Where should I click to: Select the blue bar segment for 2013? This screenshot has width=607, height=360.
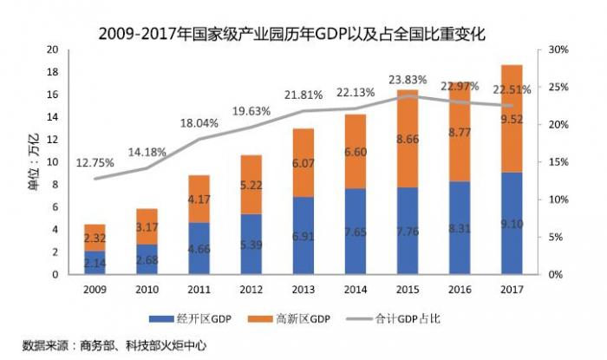[x=303, y=236]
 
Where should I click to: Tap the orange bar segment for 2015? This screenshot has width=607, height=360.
[x=407, y=139]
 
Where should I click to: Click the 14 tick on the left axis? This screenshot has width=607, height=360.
[x=53, y=117]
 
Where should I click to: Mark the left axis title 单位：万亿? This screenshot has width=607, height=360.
[x=35, y=162]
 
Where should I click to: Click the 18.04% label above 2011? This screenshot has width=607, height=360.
[x=199, y=123]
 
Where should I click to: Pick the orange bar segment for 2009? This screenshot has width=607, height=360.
[x=95, y=238]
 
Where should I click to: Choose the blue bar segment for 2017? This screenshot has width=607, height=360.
[x=511, y=224]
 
